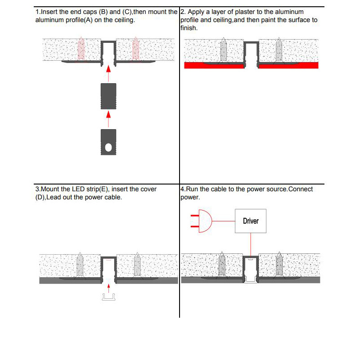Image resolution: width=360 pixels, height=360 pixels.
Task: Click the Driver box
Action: tap(250, 221)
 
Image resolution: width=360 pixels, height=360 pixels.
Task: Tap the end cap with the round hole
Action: tap(108, 142)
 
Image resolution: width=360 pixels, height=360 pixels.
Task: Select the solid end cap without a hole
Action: tap(108, 96)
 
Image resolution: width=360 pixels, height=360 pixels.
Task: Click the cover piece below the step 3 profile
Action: tap(108, 297)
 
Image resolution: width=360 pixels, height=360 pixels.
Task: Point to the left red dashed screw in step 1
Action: tap(81, 49)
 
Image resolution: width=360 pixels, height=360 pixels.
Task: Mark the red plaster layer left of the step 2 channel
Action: tap(214, 65)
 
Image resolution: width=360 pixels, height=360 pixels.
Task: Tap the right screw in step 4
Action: tap(279, 265)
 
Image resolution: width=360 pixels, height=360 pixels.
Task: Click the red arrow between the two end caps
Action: tap(108, 119)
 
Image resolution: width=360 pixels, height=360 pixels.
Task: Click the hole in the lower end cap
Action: tap(108, 147)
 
